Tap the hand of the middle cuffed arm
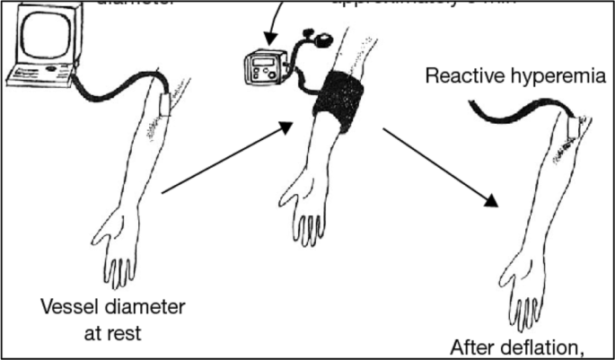306,215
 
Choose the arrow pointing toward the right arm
439,167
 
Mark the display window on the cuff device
264,62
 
